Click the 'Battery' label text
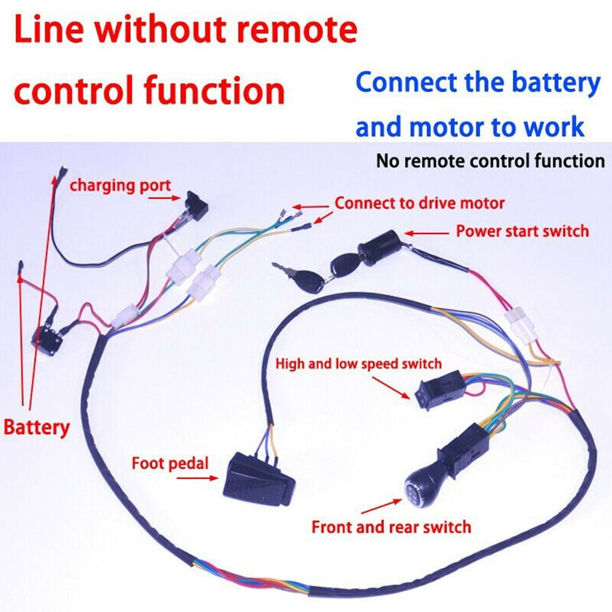tap(37, 427)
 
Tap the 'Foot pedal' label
tap(169, 463)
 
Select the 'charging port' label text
tap(120, 185)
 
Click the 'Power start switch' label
tap(522, 231)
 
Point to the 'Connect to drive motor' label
tap(419, 203)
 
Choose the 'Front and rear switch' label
tap(391, 526)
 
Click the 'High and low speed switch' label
tap(358, 364)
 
